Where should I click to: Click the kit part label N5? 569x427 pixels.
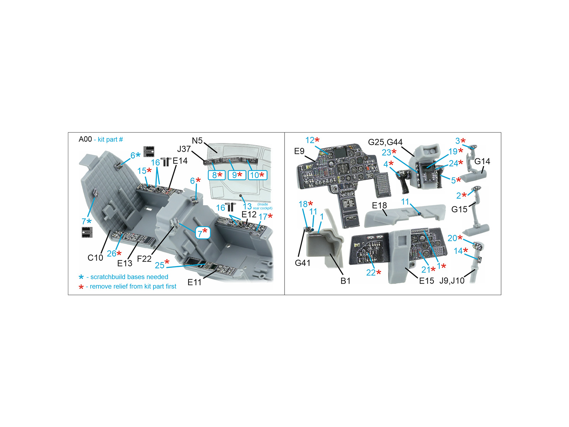[x=197, y=141]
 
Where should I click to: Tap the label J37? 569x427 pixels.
[x=184, y=149]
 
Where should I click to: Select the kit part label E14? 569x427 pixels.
[x=180, y=161]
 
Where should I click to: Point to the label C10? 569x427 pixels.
[x=95, y=258]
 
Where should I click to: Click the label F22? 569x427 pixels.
[x=144, y=258]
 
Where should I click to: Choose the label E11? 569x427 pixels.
[x=195, y=282]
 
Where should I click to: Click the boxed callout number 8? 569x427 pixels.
[x=214, y=175]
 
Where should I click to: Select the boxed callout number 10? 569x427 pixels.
[x=254, y=175]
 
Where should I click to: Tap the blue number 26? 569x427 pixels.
[x=111, y=253]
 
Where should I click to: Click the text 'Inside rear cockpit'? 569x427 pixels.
[x=262, y=206]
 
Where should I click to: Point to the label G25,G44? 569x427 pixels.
[x=385, y=142]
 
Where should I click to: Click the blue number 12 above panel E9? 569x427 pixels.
[x=310, y=140]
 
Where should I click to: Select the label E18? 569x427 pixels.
[x=379, y=205]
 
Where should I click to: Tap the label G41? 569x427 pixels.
[x=303, y=263]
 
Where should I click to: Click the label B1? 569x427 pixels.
[x=346, y=281]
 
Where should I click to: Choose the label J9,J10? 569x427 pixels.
[x=452, y=281]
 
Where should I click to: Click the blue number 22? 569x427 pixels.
[x=371, y=273]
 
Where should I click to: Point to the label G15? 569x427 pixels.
[x=459, y=209]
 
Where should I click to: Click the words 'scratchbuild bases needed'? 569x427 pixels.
[x=129, y=276]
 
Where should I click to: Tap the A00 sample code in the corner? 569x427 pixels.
[x=85, y=139]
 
